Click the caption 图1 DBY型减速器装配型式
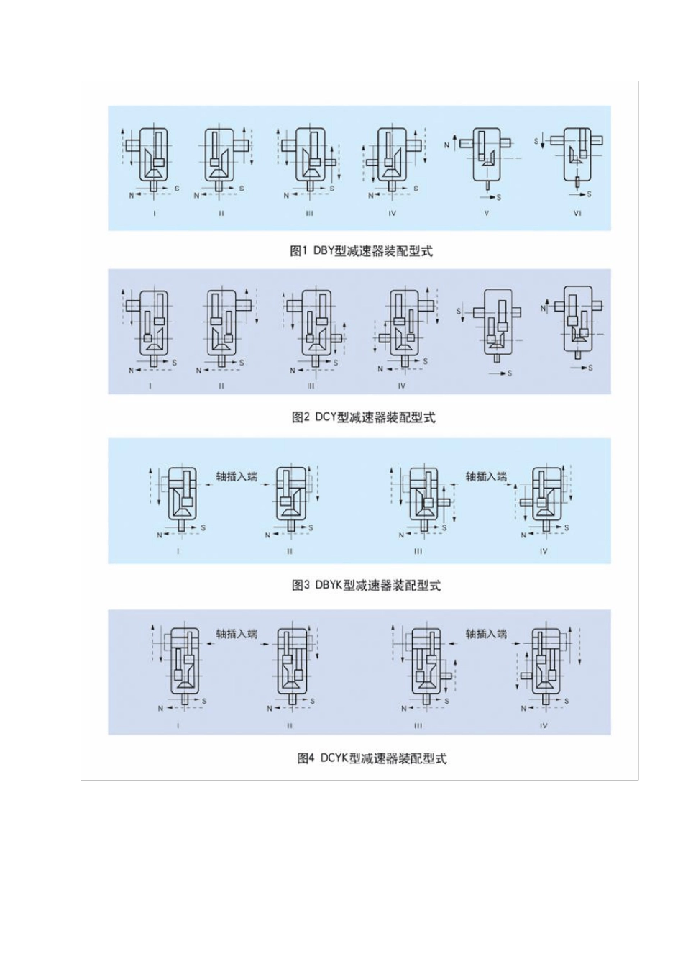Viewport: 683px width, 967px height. [361, 251]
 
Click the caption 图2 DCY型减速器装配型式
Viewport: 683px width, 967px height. [363, 417]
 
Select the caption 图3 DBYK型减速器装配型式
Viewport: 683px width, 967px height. [365, 586]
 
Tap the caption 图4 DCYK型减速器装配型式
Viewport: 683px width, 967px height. [371, 758]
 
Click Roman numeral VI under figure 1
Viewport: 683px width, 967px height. [577, 214]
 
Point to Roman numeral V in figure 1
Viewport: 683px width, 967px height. [487, 214]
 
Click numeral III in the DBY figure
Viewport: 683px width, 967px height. [310, 214]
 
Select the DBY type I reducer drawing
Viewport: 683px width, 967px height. [152, 158]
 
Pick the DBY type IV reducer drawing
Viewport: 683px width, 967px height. [392, 158]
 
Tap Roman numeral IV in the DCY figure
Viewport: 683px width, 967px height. [401, 386]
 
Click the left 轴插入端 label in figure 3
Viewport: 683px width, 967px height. [237, 476]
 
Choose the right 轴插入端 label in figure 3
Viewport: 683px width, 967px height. [486, 476]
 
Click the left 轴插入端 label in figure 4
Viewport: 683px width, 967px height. [237, 634]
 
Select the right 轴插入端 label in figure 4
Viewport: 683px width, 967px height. [486, 634]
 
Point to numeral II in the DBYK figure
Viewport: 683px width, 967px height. [290, 552]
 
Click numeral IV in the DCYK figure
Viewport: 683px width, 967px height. [544, 726]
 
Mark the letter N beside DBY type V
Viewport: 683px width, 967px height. [446, 145]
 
